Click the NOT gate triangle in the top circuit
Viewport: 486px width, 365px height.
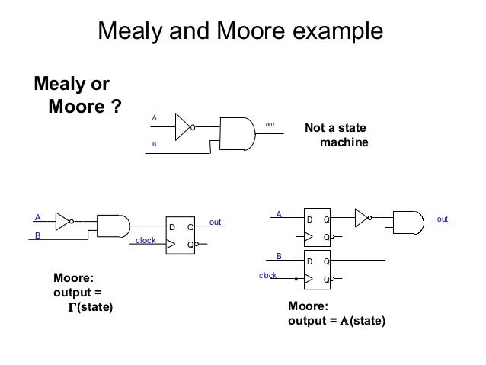tap(184, 126)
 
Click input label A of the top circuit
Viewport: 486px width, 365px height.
tap(155, 118)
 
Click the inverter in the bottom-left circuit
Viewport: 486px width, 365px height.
tap(64, 222)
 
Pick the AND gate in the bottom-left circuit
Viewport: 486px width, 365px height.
tap(114, 224)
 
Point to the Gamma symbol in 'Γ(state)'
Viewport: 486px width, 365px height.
tap(72, 307)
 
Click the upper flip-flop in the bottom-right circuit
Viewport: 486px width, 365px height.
tap(318, 228)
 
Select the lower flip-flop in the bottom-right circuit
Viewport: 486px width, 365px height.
tap(318, 271)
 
